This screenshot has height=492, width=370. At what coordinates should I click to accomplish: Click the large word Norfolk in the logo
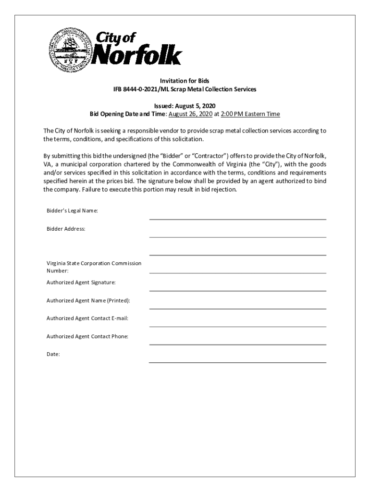(x=136, y=56)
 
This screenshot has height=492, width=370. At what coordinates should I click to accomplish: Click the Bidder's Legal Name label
(x=73, y=211)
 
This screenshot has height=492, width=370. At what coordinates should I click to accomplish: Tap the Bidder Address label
(x=66, y=229)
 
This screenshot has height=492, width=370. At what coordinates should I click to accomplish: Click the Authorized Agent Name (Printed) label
(x=88, y=300)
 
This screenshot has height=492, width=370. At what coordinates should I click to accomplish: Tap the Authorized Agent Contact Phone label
(x=87, y=336)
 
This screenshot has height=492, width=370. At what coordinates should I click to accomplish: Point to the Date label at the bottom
(x=53, y=354)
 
